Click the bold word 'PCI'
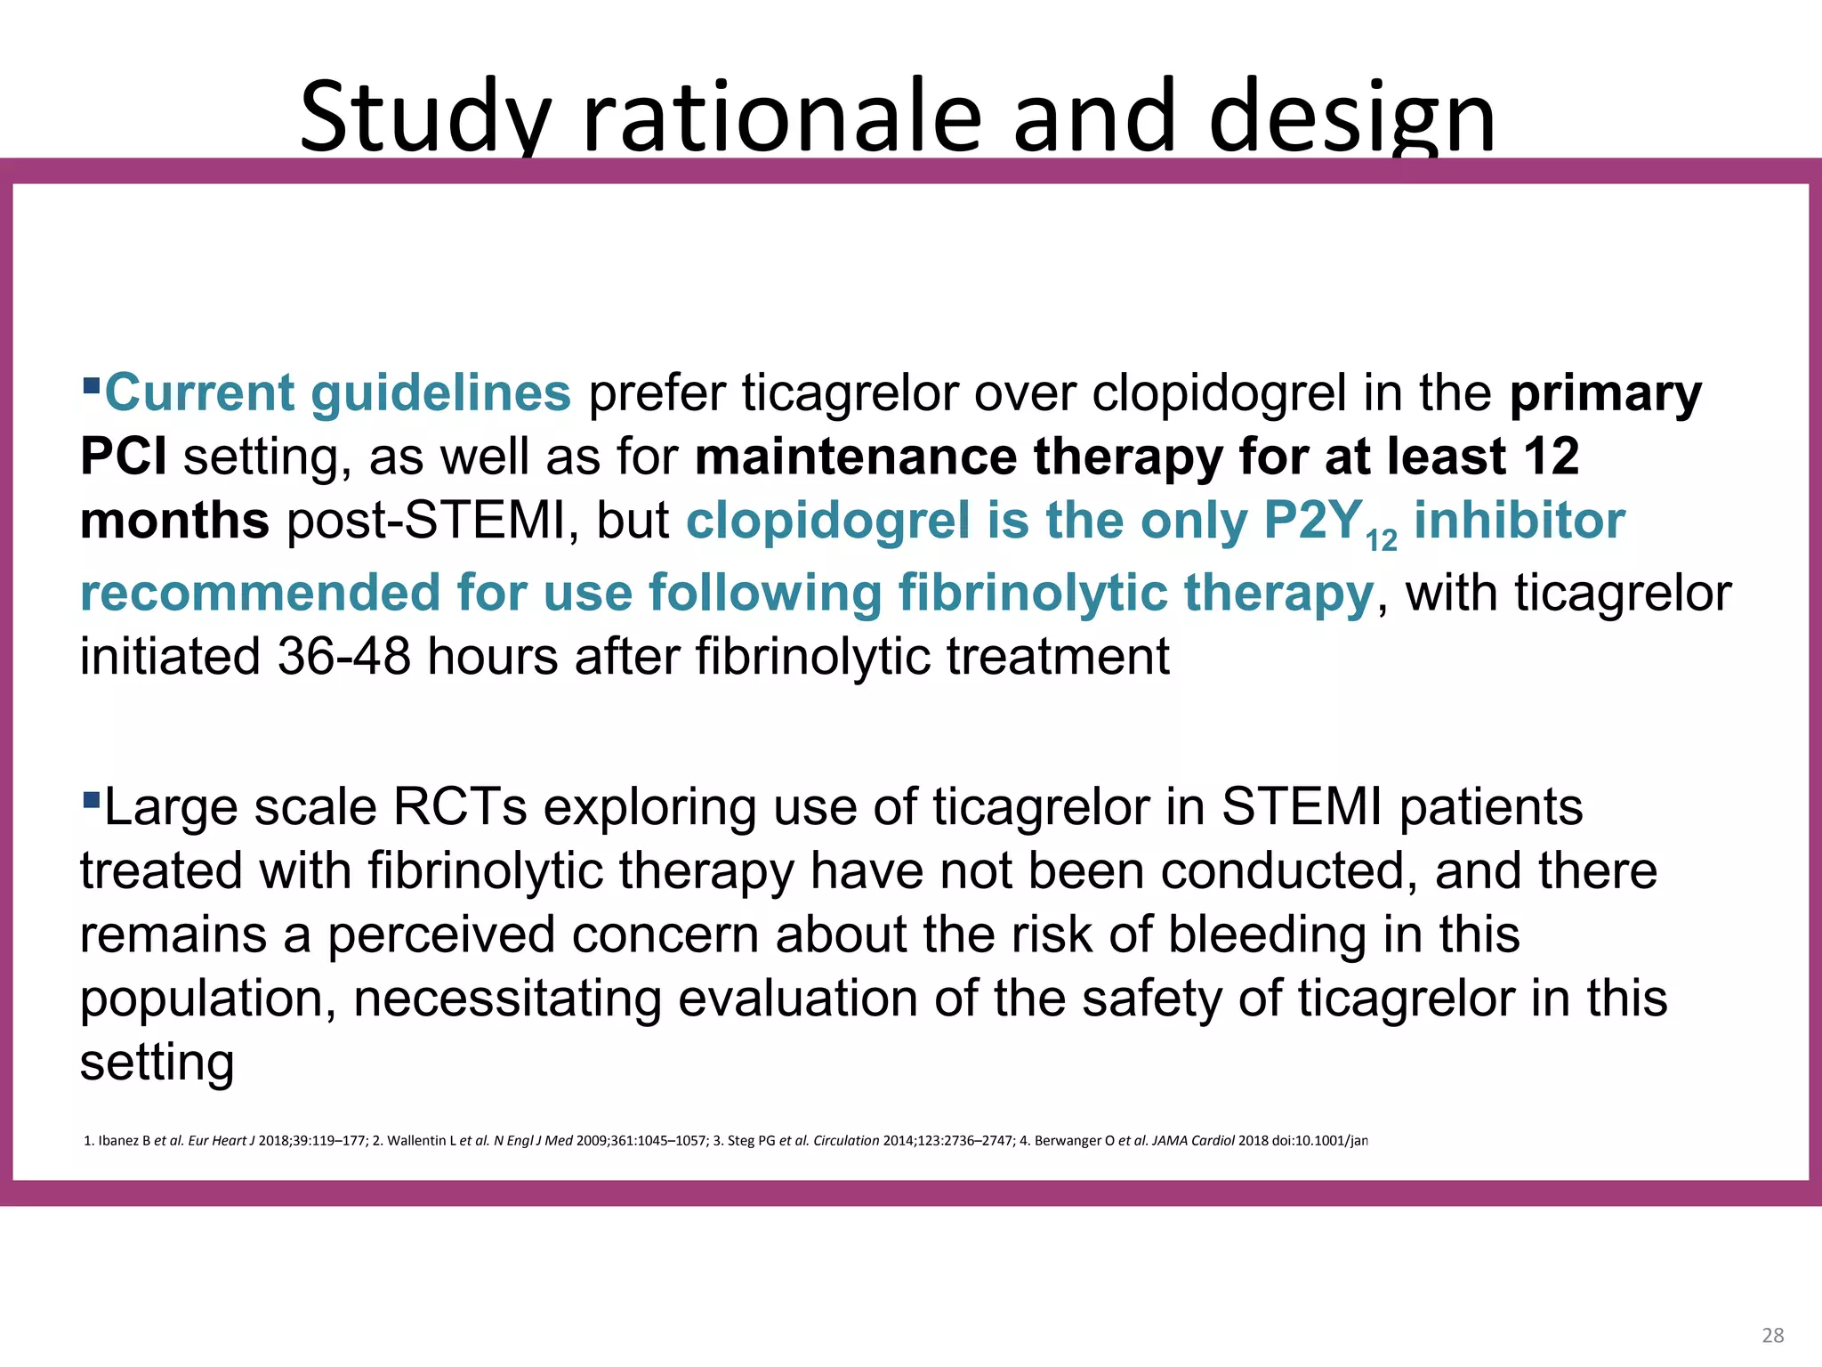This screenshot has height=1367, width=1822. tap(123, 457)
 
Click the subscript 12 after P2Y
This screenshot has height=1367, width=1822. tap(1381, 540)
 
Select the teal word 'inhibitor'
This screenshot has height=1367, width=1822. tap(1520, 521)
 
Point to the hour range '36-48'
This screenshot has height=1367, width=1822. tap(343, 657)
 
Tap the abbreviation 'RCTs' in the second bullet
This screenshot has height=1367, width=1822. tap(460, 807)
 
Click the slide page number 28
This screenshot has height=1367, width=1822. tap(1772, 1335)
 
